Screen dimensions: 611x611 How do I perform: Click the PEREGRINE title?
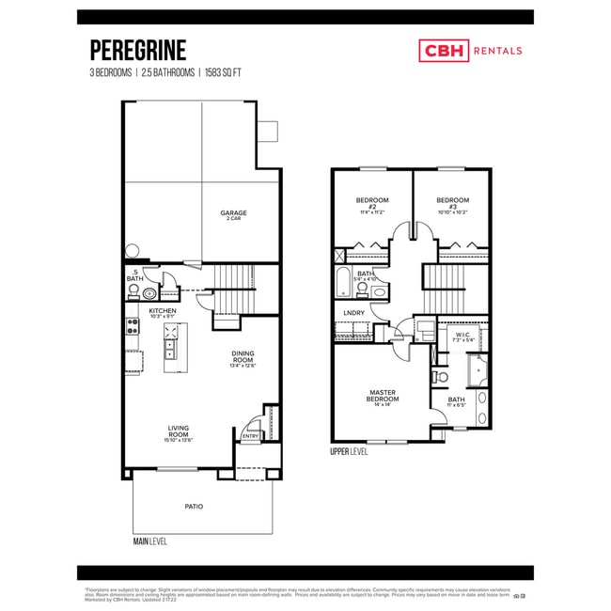click(137, 50)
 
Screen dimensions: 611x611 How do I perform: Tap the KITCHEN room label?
click(162, 311)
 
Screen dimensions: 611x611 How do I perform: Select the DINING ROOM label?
click(243, 357)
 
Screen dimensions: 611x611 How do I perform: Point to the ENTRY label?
click(250, 436)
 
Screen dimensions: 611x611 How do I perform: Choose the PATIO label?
click(194, 506)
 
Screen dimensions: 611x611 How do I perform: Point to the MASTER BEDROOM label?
click(383, 397)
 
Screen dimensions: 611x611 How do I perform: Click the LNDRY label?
click(354, 313)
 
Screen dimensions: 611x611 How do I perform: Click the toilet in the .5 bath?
click(149, 293)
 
